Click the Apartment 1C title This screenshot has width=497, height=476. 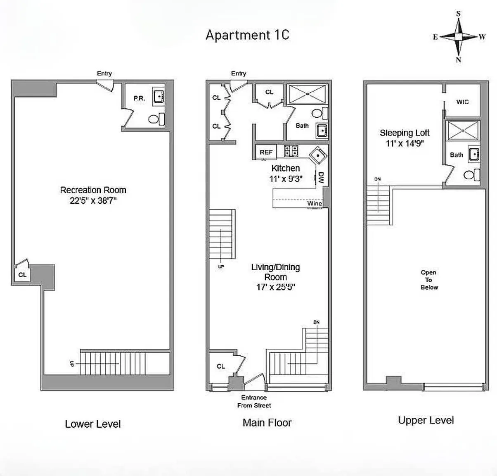(247, 35)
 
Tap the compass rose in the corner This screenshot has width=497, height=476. (459, 37)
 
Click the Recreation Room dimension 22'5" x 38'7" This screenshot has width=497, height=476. (93, 201)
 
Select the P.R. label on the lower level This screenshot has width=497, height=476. (139, 98)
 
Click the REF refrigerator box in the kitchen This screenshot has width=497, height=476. (266, 152)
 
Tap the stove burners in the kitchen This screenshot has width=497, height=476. (291, 151)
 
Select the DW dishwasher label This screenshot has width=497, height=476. (321, 178)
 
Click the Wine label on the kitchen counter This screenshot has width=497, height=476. (314, 203)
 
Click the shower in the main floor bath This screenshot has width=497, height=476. (308, 94)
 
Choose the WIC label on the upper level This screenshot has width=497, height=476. (462, 102)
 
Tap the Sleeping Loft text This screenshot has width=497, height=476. (405, 133)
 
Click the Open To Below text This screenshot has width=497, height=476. (429, 280)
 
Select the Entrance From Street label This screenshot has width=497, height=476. (254, 401)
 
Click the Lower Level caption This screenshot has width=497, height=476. (93, 424)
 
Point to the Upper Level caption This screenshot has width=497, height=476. (426, 420)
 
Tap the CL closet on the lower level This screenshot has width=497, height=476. (22, 275)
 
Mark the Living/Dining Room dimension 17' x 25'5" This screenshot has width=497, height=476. (275, 287)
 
